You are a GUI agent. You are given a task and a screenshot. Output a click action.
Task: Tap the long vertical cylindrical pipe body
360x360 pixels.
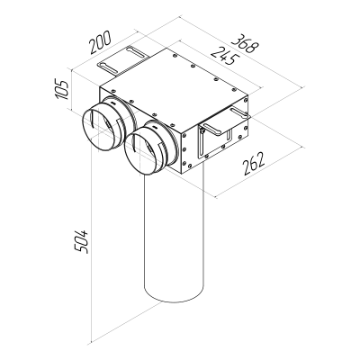pos(175,234)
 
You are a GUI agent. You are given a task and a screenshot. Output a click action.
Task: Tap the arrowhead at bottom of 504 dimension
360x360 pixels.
pos(95,342)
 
